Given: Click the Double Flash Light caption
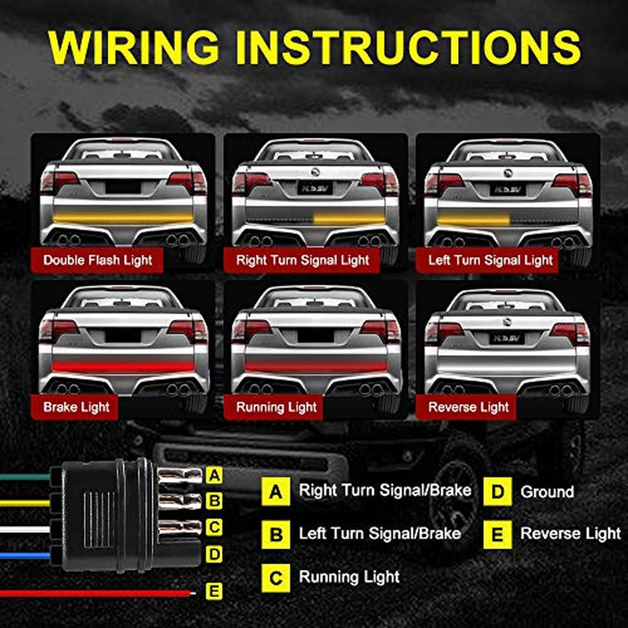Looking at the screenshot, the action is coord(98,260).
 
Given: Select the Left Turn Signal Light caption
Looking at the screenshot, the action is coord(490,260).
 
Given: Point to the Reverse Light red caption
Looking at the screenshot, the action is coord(468,407).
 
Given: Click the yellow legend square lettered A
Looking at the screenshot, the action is coord(275,491).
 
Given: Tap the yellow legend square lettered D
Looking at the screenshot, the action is coord(497,491).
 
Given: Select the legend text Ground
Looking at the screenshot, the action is coord(547,492).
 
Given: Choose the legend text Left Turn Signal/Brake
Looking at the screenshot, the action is coord(380,533).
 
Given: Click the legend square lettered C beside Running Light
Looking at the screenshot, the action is coord(275,578).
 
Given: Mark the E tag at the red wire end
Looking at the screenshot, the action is coord(214,591).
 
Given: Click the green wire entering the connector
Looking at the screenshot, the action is coord(25,477).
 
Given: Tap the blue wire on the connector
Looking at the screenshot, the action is coord(25,556).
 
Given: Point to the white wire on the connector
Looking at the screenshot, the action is coord(25,529).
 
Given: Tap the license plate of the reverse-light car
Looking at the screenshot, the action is coord(507,338).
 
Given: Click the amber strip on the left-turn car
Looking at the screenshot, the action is coord(474,219).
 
